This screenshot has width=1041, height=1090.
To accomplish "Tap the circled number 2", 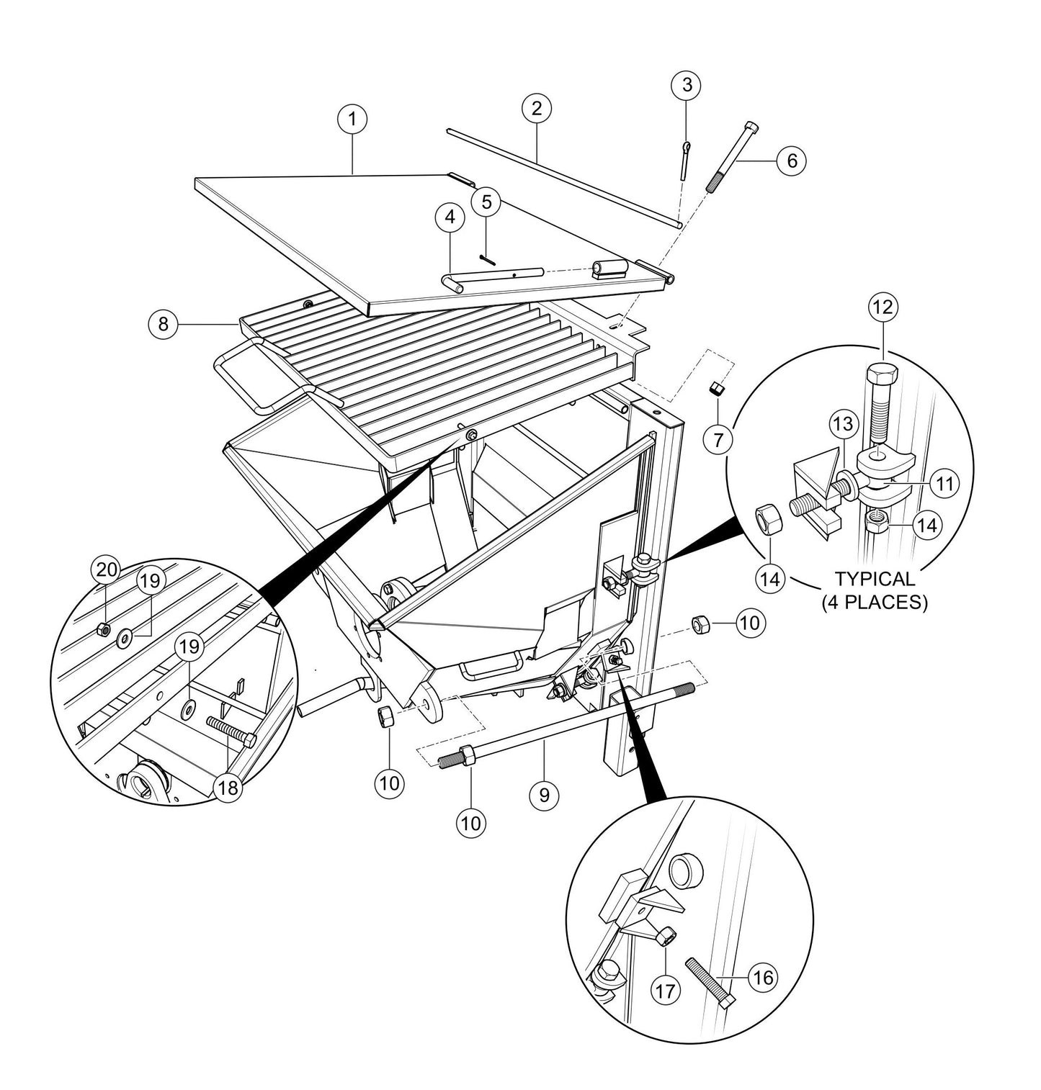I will [x=537, y=109].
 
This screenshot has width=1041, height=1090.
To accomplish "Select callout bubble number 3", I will [x=686, y=85].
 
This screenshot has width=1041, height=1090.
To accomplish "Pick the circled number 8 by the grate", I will [x=164, y=324].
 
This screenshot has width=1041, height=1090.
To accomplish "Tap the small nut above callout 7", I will [x=717, y=389].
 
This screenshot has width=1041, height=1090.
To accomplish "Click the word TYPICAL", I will [x=875, y=578].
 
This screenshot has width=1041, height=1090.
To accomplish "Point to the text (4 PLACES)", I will [x=875, y=602].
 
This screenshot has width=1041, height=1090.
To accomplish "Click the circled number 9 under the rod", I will [x=544, y=794].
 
